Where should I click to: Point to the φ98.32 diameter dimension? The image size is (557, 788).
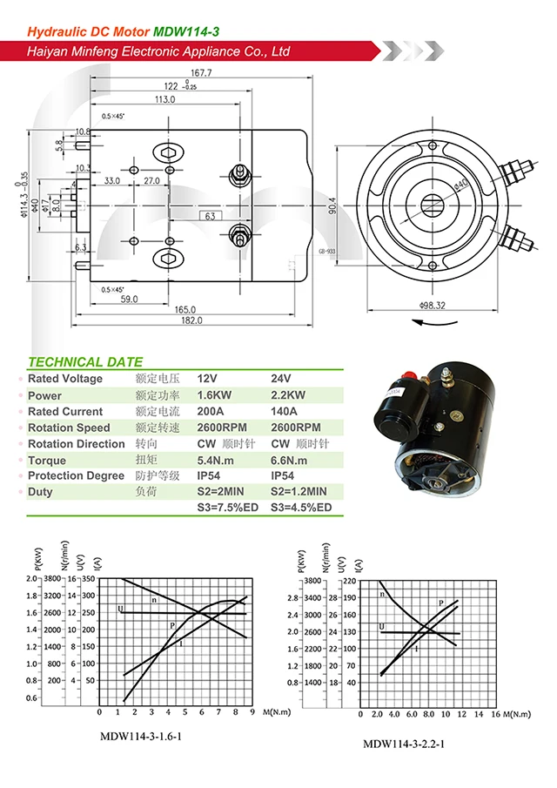[x=432, y=306]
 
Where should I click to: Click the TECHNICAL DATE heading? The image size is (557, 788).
[x=85, y=362]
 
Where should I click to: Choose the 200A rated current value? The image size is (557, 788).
[x=211, y=412]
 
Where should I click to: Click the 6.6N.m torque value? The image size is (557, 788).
[x=292, y=461]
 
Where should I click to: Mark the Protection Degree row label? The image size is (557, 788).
[x=77, y=476]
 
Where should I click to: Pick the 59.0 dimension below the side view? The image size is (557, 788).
[x=128, y=299]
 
